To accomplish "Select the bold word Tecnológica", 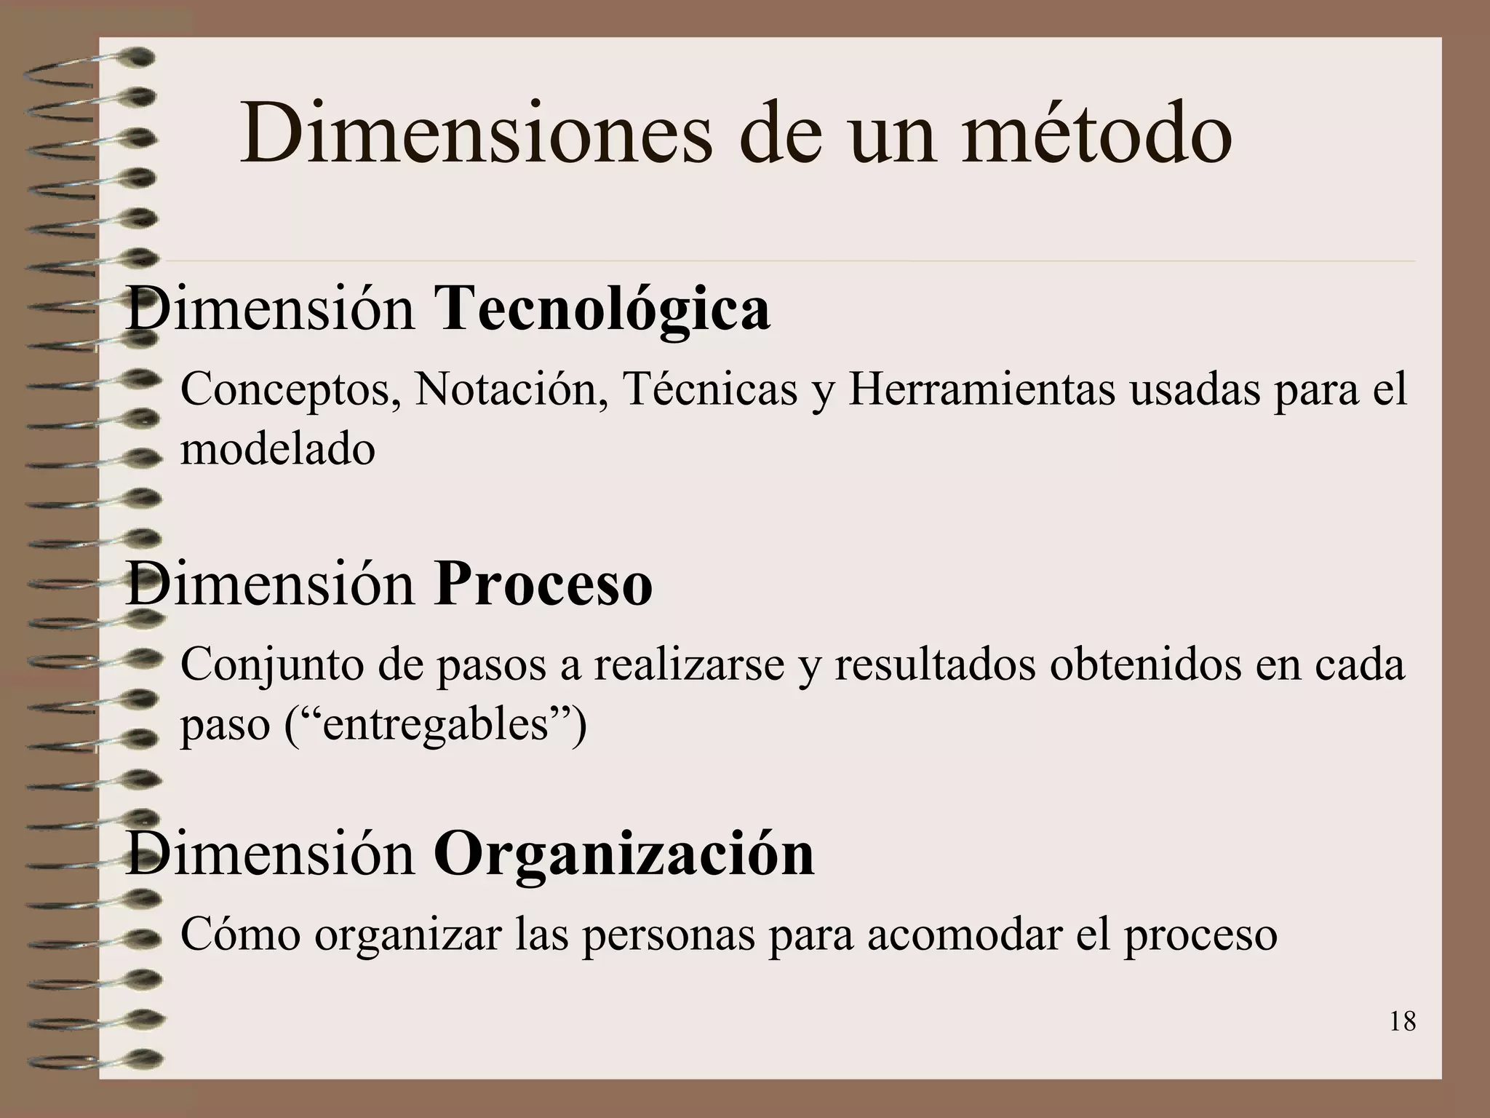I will pos(602,309).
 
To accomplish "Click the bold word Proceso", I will pos(543,584).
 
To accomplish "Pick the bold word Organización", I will pos(624,854).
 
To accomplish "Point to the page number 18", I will pos(1402,1022).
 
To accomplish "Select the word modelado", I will pos(278,449).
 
